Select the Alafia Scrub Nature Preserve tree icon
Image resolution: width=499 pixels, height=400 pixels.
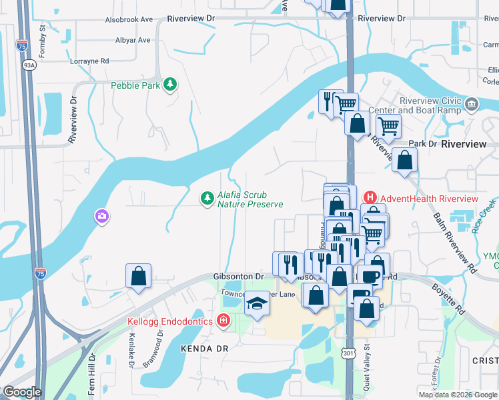[x=207, y=198]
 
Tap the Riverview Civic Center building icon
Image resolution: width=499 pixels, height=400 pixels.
[x=472, y=104]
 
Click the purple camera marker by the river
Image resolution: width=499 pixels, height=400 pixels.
[x=101, y=216]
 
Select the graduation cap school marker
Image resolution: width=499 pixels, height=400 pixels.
[x=256, y=304]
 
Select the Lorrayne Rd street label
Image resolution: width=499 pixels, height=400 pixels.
[x=89, y=61]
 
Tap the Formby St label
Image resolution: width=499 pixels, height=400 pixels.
[x=41, y=41]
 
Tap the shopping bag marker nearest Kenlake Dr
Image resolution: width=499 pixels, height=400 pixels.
[x=138, y=276]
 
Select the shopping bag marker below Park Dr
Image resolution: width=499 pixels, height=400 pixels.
[x=404, y=160]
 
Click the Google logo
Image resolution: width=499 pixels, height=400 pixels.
[x=22, y=392]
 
